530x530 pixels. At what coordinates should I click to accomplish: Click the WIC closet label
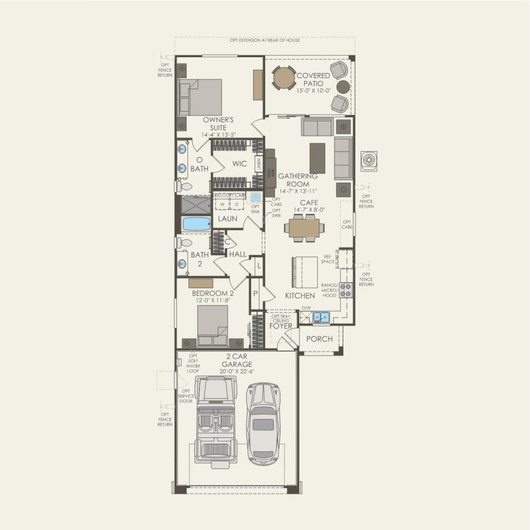coord(239,164)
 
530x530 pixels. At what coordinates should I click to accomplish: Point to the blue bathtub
coord(196,224)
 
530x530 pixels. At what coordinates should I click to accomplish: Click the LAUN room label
coord(228,218)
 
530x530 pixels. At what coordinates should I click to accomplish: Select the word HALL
coord(238,255)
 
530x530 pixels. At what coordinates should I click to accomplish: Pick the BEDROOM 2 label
coord(213,293)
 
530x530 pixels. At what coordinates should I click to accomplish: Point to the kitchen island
coord(303,271)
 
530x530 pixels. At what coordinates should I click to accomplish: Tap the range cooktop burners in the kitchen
coord(346,289)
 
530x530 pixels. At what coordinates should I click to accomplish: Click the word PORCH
coord(319,339)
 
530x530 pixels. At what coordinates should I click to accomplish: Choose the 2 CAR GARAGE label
coord(237,361)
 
